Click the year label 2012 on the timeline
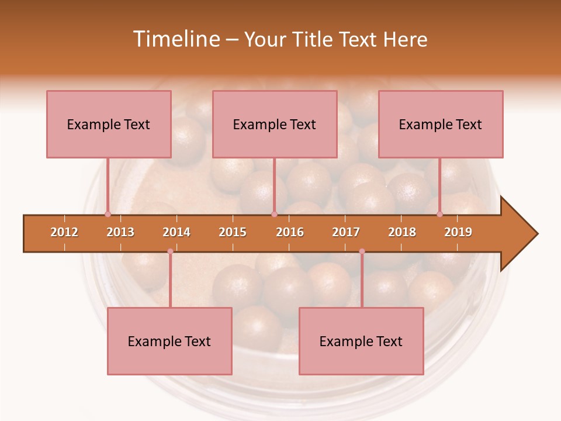coord(64,232)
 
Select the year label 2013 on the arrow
coord(120,232)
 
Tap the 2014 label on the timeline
coord(176,232)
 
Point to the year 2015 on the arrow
coord(233,232)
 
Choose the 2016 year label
coord(290,232)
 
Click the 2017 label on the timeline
coord(346,232)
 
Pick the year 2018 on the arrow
coord(402,232)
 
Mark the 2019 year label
coord(458,232)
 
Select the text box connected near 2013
coord(109,124)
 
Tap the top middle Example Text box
coord(275,124)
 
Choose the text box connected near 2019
coord(441,124)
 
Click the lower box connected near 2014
coord(169,341)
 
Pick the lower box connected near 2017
coord(361,341)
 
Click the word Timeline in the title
coord(175,39)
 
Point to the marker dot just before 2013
coord(108,214)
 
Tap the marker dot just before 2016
coord(274,214)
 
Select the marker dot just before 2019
coord(440,214)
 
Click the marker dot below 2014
coord(170,251)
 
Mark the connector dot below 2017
coord(362,251)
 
